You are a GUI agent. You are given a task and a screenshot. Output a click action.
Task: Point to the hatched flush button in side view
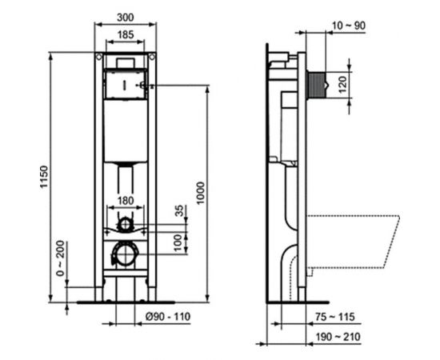(320, 82)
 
